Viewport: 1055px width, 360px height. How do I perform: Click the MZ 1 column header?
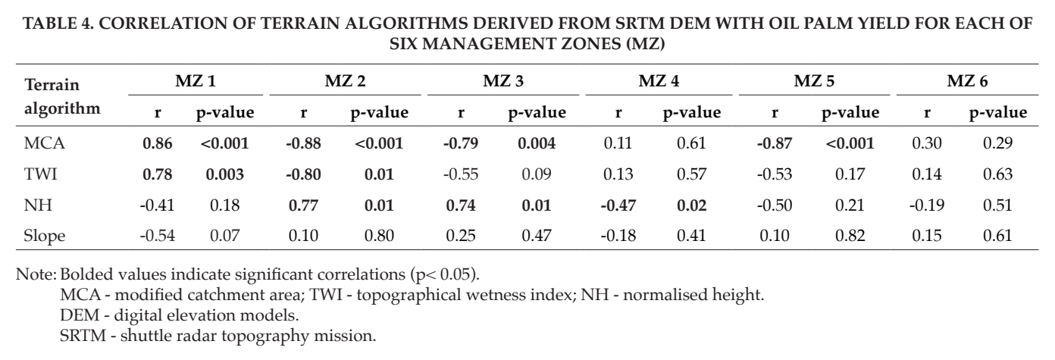tap(196, 81)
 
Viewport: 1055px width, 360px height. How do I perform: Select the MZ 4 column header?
tap(659, 81)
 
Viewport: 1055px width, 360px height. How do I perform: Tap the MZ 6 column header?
tap(967, 81)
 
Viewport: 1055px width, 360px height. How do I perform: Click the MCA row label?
tap(44, 142)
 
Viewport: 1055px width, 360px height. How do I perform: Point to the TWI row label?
tap(40, 174)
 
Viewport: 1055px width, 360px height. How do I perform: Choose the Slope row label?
tap(44, 236)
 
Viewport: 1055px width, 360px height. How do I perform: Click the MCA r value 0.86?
tap(158, 143)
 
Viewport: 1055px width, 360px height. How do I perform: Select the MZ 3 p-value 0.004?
tap(537, 143)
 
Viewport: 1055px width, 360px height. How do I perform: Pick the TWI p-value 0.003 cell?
tap(224, 174)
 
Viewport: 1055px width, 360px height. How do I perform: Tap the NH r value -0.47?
tap(618, 205)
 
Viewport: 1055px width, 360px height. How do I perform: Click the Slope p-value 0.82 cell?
tap(850, 236)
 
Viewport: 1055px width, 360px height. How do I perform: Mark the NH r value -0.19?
tap(926, 205)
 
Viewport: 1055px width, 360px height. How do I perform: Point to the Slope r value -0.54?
tap(158, 236)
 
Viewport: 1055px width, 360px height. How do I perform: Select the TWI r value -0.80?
tap(303, 174)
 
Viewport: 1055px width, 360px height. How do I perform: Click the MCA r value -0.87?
tap(775, 143)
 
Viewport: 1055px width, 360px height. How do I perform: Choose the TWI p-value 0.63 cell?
tap(997, 174)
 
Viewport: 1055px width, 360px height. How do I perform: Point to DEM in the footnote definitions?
tap(80, 315)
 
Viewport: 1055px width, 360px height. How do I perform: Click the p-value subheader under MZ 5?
tap(850, 113)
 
